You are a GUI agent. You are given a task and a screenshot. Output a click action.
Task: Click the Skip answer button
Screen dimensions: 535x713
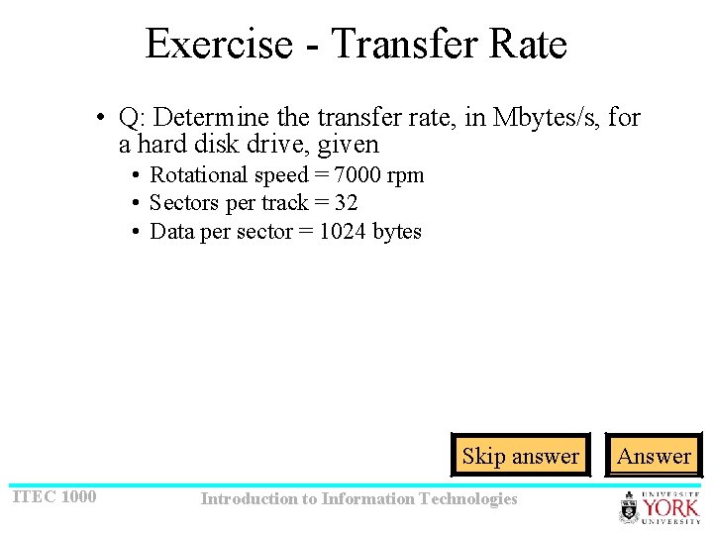click(520, 456)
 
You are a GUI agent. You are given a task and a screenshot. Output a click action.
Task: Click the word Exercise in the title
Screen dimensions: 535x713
click(219, 45)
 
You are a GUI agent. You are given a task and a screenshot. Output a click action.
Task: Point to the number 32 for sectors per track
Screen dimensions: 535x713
click(346, 203)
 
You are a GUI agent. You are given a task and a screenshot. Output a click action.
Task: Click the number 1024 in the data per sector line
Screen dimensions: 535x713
click(343, 232)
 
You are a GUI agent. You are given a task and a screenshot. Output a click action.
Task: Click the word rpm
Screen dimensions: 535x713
click(407, 175)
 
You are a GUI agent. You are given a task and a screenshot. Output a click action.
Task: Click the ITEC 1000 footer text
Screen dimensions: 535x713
click(54, 496)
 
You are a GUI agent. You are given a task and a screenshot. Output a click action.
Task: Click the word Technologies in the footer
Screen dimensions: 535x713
click(471, 498)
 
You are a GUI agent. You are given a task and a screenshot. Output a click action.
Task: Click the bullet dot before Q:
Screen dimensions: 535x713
click(101, 119)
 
